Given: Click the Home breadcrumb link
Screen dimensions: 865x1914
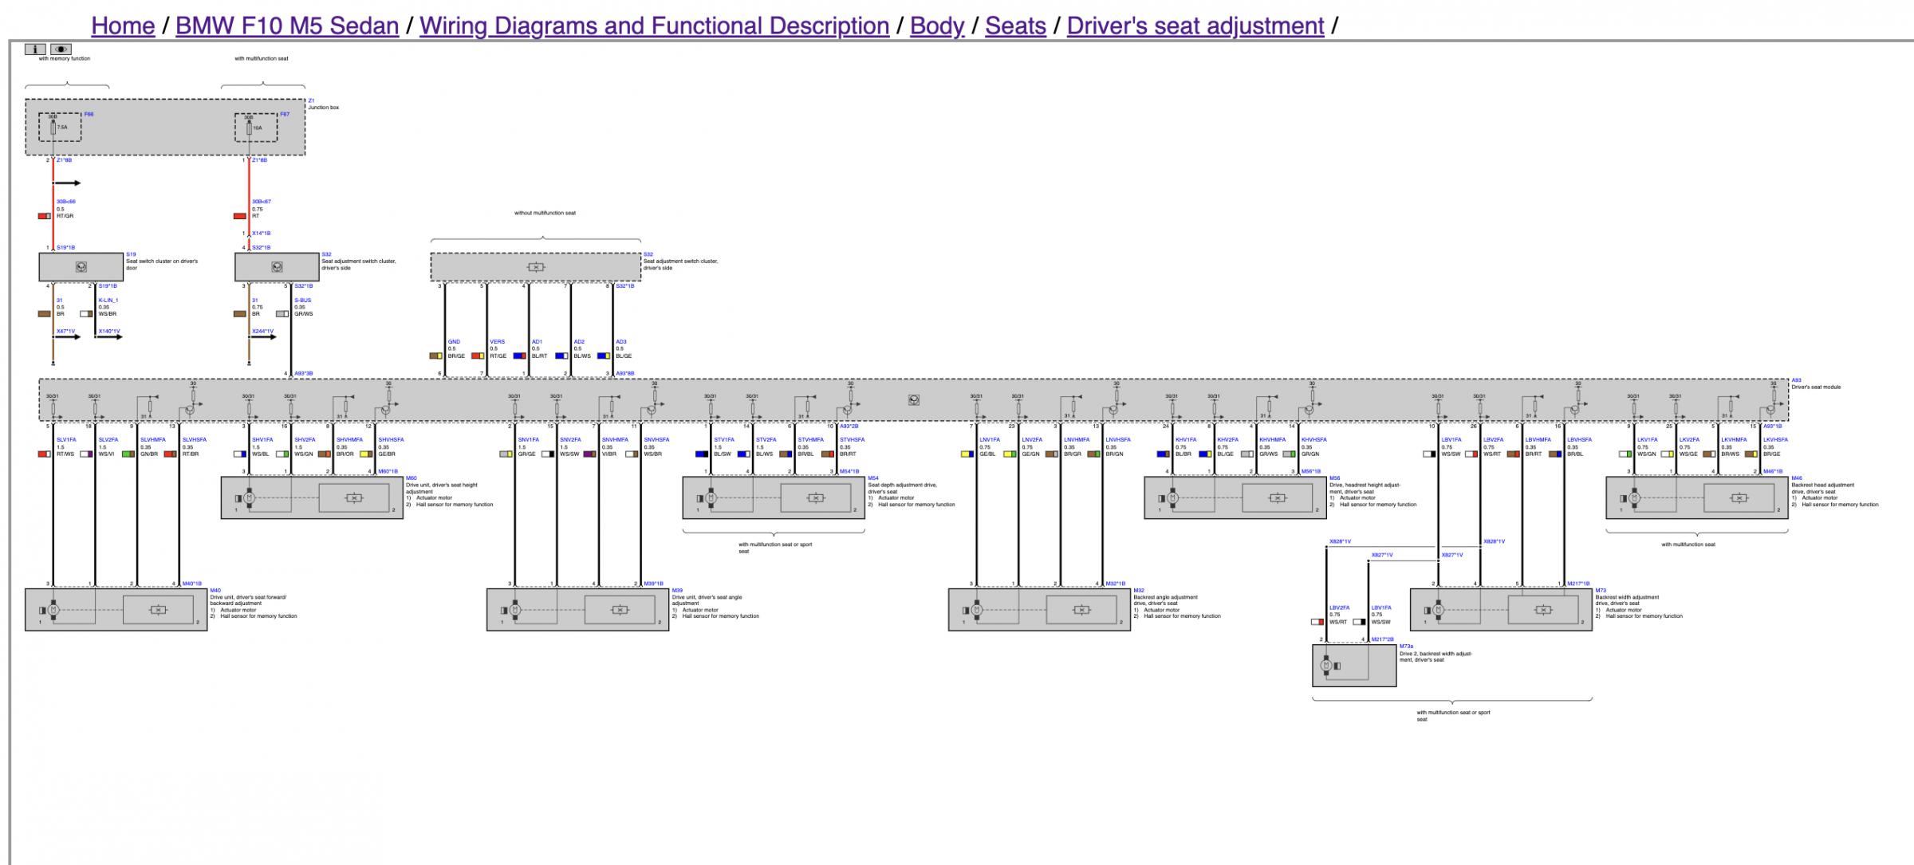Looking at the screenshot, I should point(123,26).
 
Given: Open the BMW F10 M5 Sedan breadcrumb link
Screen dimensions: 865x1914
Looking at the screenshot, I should point(287,26).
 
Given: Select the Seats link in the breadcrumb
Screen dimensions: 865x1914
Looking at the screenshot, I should point(1015,26).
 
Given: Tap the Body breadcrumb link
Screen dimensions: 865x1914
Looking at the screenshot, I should point(937,26).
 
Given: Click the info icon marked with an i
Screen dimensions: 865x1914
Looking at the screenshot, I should point(35,49).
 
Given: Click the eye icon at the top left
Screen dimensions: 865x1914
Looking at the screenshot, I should point(61,49).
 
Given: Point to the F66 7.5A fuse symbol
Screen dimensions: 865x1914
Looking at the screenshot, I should point(54,127).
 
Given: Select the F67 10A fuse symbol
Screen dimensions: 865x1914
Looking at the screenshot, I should point(249,128).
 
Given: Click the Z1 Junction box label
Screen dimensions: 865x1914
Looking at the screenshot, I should point(323,104).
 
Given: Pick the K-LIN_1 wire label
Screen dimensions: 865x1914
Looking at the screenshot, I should point(108,301).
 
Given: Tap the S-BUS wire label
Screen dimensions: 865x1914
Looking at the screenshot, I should point(302,301).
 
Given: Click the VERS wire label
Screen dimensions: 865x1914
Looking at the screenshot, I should point(497,342).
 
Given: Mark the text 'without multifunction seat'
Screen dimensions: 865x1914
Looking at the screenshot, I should point(545,213).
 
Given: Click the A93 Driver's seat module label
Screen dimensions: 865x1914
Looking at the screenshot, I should point(1815,384).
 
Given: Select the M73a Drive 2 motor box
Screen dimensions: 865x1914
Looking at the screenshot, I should point(1353,666).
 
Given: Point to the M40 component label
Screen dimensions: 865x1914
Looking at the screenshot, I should point(215,591).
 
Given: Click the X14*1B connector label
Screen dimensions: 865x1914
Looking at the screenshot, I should point(261,234).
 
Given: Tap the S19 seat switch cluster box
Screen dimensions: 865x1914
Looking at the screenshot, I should point(81,267).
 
